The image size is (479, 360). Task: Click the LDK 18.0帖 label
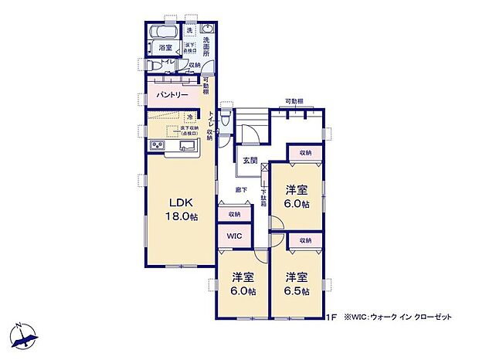(x=183, y=211)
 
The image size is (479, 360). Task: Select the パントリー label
(x=172, y=94)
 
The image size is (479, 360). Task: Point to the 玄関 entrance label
(x=250, y=160)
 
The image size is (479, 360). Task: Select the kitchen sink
(x=189, y=145)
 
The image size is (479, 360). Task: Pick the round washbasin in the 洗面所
(x=206, y=29)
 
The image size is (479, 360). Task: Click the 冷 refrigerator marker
(x=190, y=117)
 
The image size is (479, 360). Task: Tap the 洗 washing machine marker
(x=190, y=30)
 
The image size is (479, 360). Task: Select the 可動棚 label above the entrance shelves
(x=293, y=101)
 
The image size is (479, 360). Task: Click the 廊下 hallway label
(x=242, y=189)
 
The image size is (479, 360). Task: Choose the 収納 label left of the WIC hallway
(x=234, y=214)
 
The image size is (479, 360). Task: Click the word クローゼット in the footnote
(x=433, y=317)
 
